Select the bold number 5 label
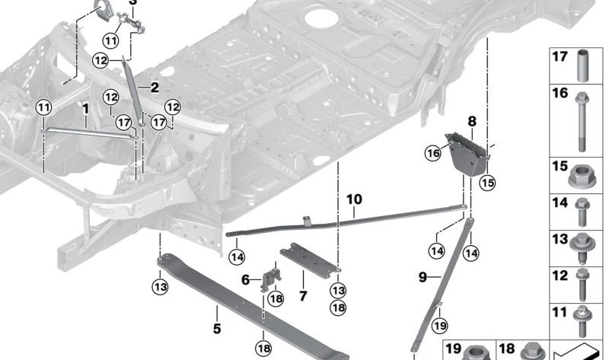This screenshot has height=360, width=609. [x=216, y=330]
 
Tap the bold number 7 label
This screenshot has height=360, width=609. [x=302, y=295]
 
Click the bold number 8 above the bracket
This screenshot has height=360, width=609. [x=471, y=121]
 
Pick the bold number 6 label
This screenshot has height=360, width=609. [x=245, y=280]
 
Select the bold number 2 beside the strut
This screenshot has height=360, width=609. [x=154, y=88]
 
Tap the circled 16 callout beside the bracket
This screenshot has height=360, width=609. [x=433, y=154]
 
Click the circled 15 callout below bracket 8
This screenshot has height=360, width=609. [x=487, y=182]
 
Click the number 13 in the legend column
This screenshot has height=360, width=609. [x=560, y=239]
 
